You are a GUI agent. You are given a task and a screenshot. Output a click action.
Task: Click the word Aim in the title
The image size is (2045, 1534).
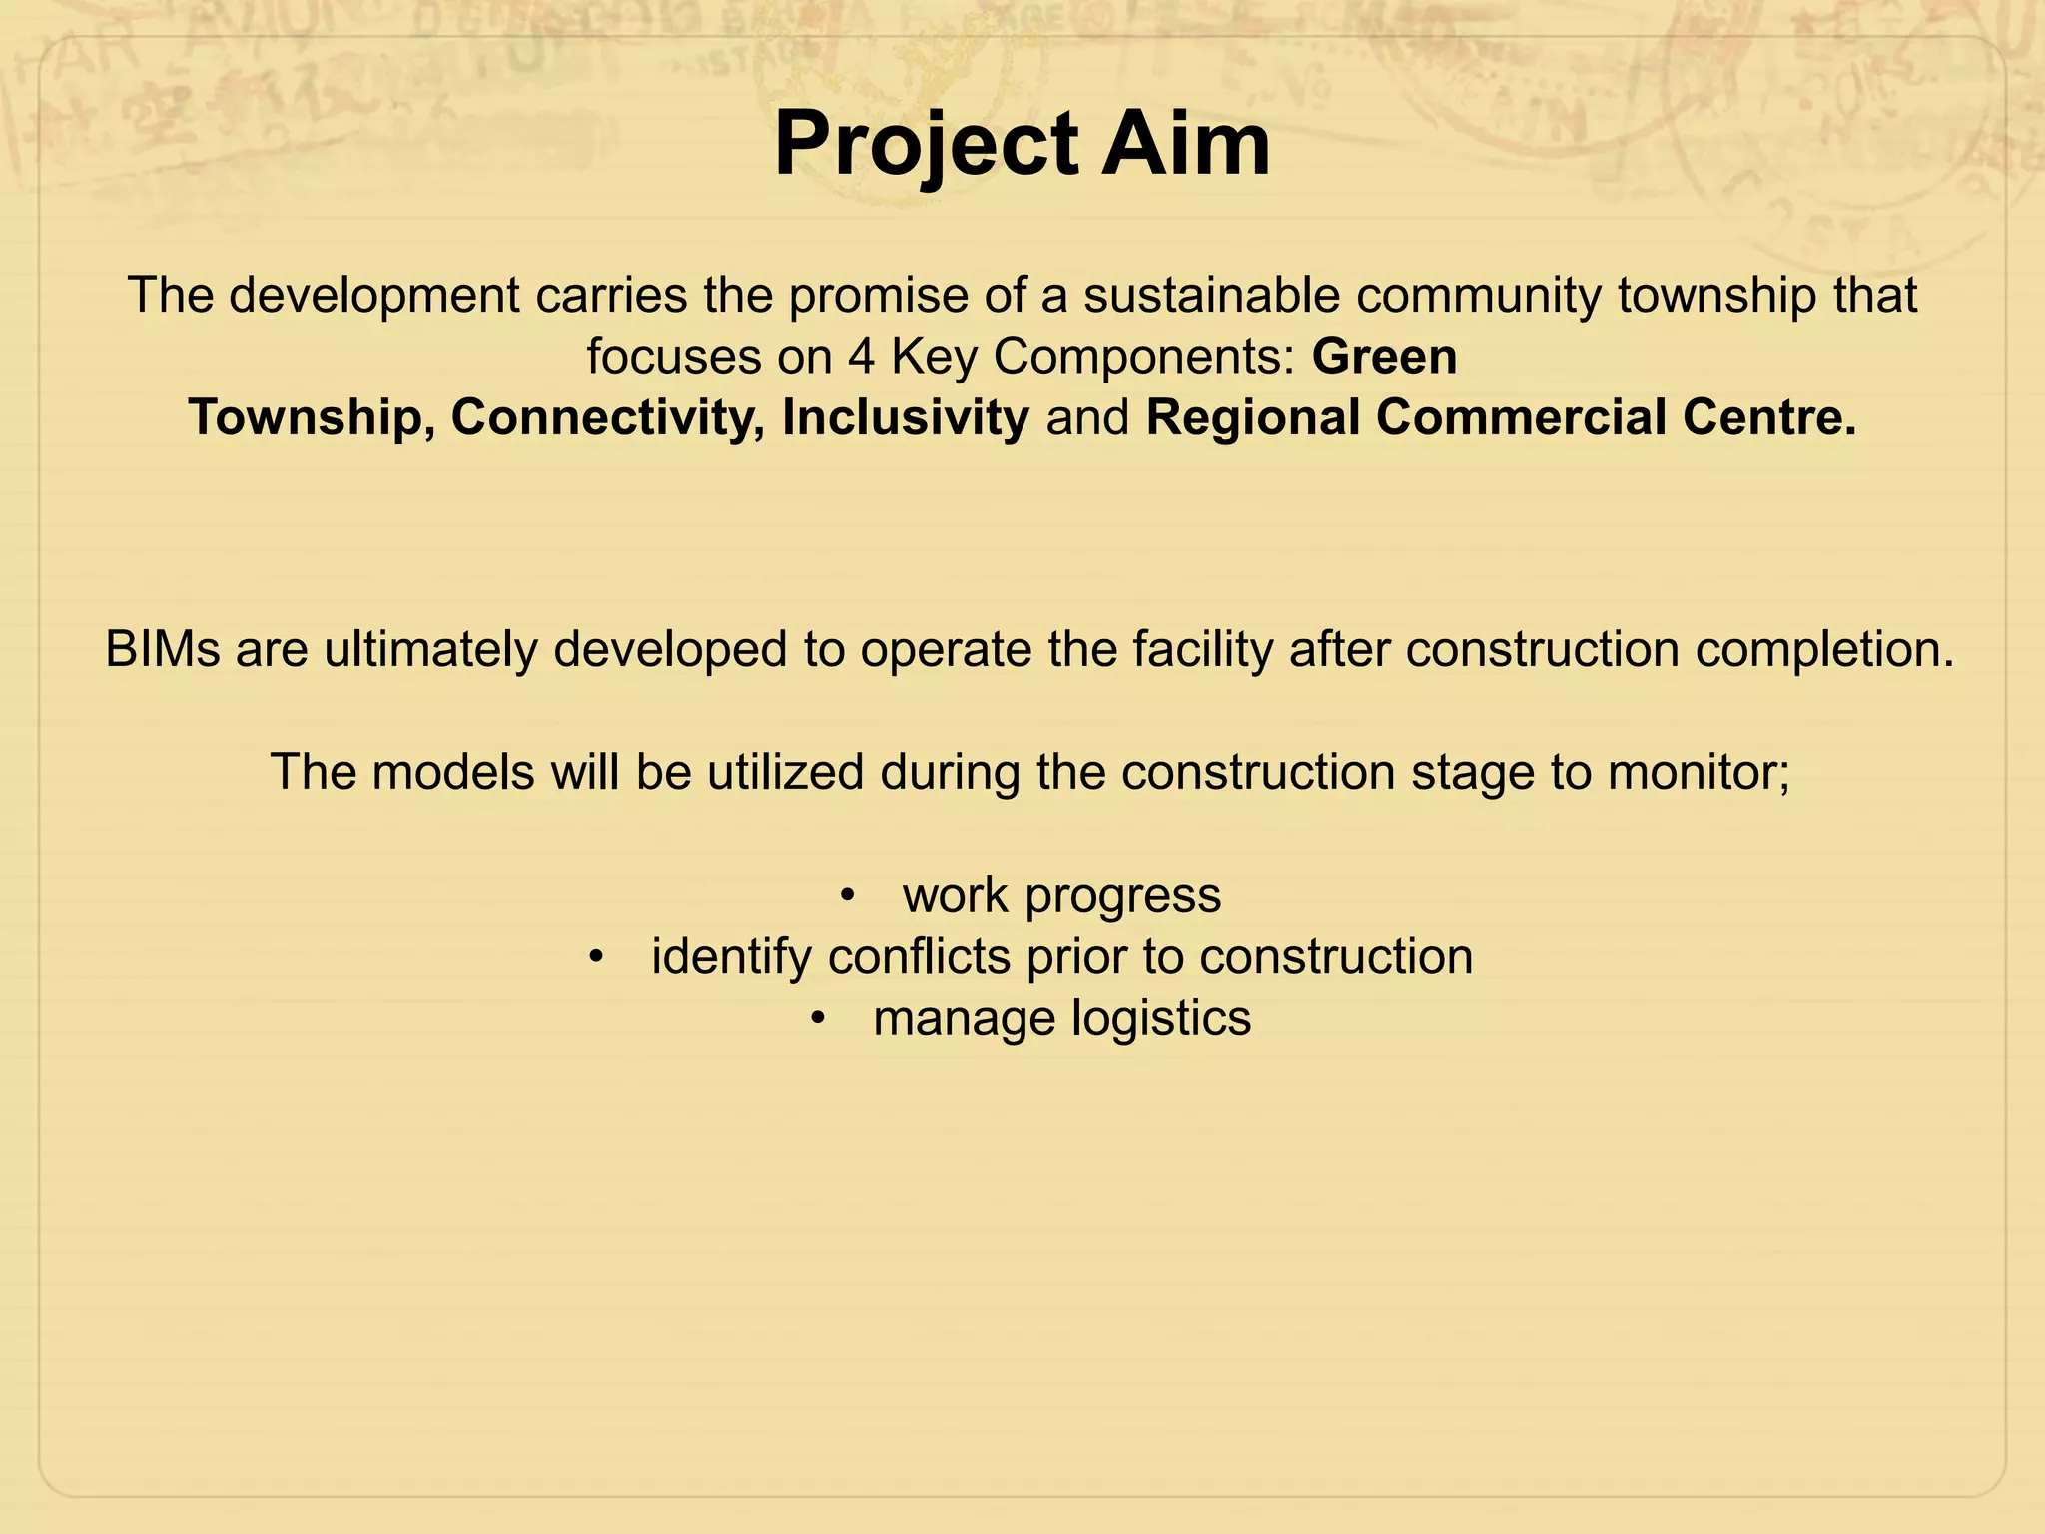click(x=1185, y=145)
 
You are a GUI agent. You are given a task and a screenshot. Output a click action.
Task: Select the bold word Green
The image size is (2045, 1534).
click(x=1384, y=357)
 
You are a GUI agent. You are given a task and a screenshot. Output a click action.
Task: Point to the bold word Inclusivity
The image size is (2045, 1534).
click(x=905, y=417)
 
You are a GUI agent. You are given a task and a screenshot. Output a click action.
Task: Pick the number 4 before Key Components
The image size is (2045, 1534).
click(x=862, y=357)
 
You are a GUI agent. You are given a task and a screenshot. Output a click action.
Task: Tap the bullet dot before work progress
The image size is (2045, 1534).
click(x=847, y=896)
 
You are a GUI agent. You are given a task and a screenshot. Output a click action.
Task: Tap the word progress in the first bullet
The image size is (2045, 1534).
click(x=1122, y=896)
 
